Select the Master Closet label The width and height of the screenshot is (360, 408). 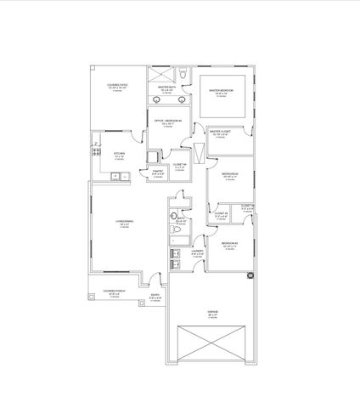[x=220, y=133]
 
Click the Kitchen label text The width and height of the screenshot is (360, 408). [x=119, y=156]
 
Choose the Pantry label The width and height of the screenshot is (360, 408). [x=158, y=173]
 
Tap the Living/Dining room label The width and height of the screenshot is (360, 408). [x=124, y=224]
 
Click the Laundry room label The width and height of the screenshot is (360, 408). [x=198, y=252]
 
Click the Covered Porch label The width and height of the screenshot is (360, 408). [x=113, y=294]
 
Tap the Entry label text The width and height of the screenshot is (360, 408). [x=155, y=298]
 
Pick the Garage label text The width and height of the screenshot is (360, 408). [x=212, y=314]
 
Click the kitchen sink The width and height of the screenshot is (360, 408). [x=116, y=177]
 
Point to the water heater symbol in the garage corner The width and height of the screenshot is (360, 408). [x=250, y=275]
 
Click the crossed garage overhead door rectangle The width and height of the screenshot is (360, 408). [x=212, y=345]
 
